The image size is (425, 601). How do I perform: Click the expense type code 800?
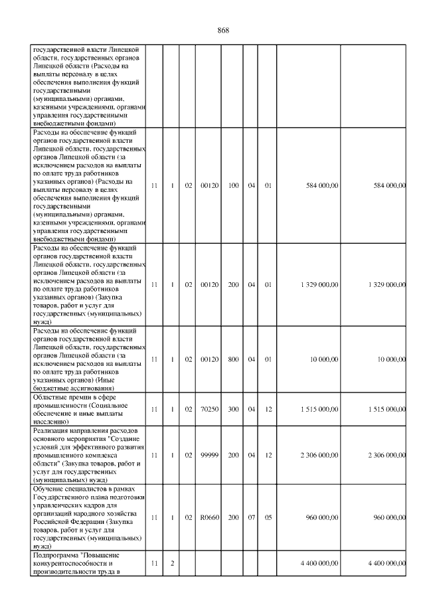(x=233, y=359)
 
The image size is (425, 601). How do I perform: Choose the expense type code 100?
(x=233, y=186)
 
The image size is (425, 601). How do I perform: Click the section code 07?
(x=252, y=517)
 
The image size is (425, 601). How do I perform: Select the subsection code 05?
(x=268, y=517)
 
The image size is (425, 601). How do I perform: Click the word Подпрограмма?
(x=56, y=555)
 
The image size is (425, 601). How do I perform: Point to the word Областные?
(x=50, y=397)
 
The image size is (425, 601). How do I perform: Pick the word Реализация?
(x=52, y=430)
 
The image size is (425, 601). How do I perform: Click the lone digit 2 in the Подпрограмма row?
(x=171, y=563)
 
